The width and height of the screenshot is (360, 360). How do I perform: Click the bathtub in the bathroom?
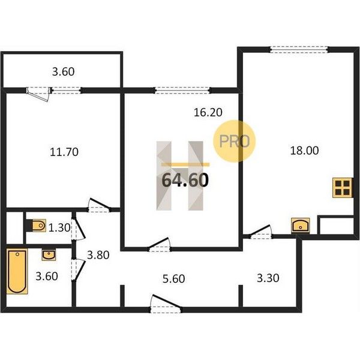(17, 271)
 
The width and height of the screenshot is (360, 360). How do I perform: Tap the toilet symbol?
(37, 226)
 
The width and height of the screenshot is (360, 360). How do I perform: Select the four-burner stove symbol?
(342, 188)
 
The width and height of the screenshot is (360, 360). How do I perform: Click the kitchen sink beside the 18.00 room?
(301, 225)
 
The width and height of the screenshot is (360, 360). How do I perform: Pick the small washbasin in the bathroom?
(49, 254)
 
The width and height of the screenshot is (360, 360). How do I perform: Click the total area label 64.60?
(185, 180)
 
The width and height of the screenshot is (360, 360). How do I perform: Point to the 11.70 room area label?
(64, 152)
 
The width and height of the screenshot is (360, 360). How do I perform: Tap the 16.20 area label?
(208, 112)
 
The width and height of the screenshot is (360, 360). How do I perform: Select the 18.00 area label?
(304, 151)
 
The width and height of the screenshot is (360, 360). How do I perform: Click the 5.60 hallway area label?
(173, 279)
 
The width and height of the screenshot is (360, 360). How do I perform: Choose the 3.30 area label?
(268, 278)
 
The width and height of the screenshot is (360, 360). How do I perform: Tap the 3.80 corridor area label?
(98, 255)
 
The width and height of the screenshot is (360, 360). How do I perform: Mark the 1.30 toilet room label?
(59, 228)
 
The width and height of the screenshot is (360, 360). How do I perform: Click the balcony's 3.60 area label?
(63, 71)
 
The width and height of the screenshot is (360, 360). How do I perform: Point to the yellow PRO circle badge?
(234, 141)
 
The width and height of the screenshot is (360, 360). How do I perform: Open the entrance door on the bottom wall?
(166, 304)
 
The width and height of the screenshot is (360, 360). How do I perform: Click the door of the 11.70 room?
(99, 205)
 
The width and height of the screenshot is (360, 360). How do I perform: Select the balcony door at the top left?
(38, 94)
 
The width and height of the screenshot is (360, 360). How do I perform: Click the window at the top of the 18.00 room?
(299, 50)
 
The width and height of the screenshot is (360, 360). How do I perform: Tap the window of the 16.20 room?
(182, 90)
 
